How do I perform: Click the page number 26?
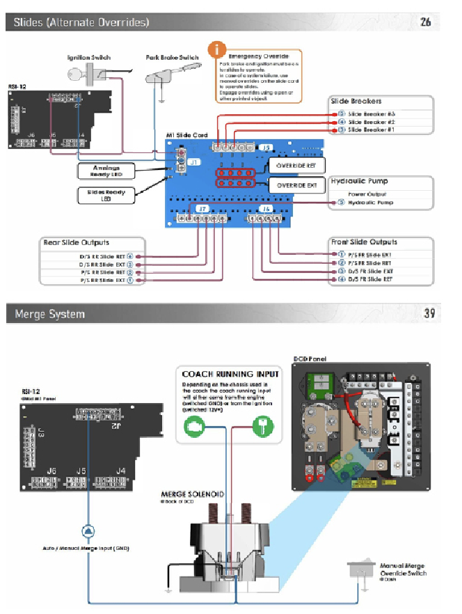[425, 22]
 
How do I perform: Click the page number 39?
[429, 314]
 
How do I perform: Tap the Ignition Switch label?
[88, 58]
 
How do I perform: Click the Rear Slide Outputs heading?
[77, 243]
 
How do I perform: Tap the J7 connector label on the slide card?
[202, 209]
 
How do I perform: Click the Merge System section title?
[50, 315]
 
